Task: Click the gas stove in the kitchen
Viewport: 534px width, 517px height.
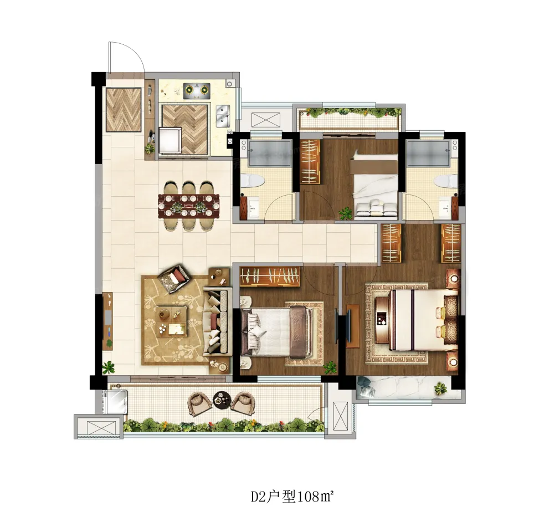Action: click(x=196, y=90)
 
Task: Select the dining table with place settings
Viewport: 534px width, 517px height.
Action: click(x=189, y=206)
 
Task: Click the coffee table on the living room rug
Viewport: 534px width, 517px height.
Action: click(x=172, y=320)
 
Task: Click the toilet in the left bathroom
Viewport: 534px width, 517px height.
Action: click(x=252, y=181)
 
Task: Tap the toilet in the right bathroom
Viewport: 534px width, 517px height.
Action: click(x=447, y=181)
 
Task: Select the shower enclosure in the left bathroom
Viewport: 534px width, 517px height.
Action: click(x=269, y=153)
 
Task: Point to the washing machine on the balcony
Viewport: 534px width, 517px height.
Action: click(x=116, y=402)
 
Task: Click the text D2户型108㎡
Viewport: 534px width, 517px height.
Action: click(x=291, y=496)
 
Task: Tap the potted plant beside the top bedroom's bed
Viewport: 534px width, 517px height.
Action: click(x=346, y=213)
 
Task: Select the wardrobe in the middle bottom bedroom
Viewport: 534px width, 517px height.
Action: click(x=270, y=276)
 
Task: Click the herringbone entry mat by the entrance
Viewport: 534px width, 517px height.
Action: click(x=124, y=110)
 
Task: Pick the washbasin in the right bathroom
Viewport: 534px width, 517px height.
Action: click(x=445, y=207)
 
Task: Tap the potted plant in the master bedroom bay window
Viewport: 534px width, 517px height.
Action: click(x=440, y=388)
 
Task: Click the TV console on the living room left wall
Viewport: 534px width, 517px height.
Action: click(x=107, y=320)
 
